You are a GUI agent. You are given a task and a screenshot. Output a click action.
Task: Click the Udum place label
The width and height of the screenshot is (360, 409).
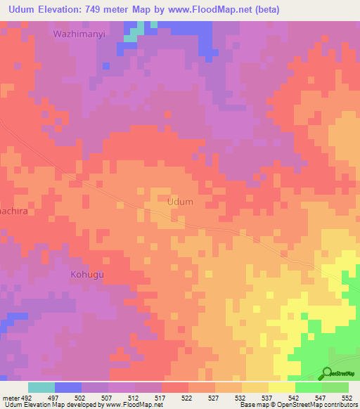pos(181,202)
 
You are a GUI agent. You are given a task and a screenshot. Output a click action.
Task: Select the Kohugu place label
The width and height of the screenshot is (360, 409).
pos(87,274)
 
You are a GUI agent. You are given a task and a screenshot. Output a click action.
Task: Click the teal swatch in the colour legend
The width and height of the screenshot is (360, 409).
pos(41,387)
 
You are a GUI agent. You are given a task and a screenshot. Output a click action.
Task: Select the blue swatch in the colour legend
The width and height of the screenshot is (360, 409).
pos(68,387)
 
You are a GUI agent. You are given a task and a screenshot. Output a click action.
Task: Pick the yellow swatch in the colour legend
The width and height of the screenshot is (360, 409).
pos(281,387)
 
